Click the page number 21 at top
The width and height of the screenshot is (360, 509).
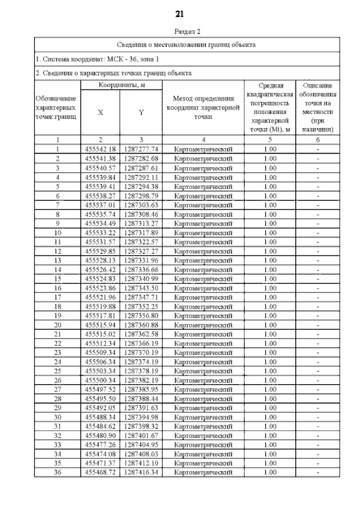180,13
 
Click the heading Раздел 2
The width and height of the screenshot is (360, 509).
180,31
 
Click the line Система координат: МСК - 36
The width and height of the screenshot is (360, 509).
97,58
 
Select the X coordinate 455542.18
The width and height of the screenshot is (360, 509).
100,149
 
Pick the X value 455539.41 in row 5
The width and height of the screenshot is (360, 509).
100,186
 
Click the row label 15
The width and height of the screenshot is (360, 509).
57,279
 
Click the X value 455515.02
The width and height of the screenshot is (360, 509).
100,334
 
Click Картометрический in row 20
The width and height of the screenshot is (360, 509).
203,325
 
